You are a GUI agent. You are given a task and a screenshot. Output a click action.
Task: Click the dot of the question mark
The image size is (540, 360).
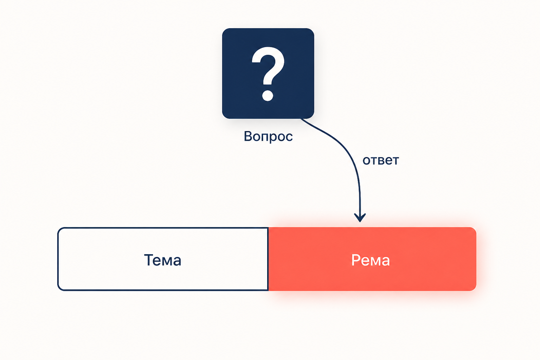268,96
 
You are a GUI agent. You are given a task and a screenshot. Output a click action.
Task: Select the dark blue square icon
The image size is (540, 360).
268,73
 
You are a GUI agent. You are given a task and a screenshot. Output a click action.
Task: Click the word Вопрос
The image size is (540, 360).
268,136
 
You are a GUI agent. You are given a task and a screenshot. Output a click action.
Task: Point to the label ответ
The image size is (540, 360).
381,160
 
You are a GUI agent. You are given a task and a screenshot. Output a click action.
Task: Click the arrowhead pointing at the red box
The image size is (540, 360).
360,217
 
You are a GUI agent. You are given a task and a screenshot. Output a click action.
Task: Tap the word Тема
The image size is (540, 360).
162,260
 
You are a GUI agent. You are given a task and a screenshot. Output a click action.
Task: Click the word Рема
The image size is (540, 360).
371,260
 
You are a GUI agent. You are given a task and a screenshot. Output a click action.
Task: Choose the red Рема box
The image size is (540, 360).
372,259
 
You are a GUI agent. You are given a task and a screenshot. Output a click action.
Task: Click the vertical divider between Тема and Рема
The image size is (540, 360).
268,259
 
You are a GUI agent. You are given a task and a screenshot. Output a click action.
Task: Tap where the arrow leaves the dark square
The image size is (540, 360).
301,118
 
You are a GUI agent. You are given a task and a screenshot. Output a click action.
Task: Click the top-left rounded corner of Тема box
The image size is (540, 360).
59,229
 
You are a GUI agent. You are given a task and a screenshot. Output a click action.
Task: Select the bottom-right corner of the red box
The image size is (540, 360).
474,289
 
